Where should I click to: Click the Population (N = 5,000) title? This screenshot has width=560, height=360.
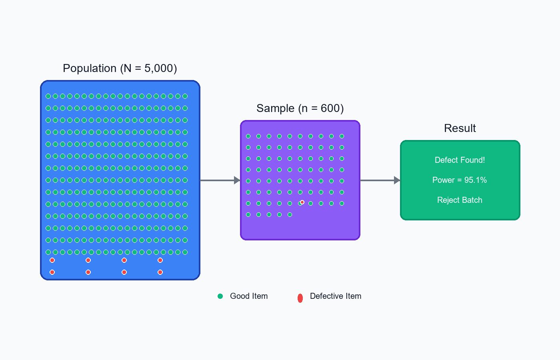120,68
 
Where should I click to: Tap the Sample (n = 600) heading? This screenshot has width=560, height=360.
300,108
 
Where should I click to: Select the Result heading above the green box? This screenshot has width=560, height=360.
460,128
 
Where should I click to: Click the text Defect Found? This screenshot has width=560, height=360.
460,160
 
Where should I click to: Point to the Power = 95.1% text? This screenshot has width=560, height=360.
460,180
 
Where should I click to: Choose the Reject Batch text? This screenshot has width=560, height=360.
460,200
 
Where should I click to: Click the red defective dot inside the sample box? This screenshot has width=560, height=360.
302,202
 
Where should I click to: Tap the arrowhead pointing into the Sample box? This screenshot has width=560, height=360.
237,180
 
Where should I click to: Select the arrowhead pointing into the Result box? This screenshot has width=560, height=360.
397,180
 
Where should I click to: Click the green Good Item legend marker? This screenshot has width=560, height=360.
220,296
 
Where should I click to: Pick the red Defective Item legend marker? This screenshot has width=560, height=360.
300,298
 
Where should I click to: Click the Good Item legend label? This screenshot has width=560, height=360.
249,296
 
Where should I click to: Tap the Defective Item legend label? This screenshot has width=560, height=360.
336,296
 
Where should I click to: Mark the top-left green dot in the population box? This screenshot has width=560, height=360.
48,96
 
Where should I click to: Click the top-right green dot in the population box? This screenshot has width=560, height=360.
185,96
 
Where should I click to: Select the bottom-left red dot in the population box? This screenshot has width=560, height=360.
52,272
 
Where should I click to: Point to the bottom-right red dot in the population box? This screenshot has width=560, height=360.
160,272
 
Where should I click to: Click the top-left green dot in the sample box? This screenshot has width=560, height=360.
248,136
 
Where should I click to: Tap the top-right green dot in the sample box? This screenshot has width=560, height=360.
342,136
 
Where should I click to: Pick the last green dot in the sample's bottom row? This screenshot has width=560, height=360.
290,215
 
